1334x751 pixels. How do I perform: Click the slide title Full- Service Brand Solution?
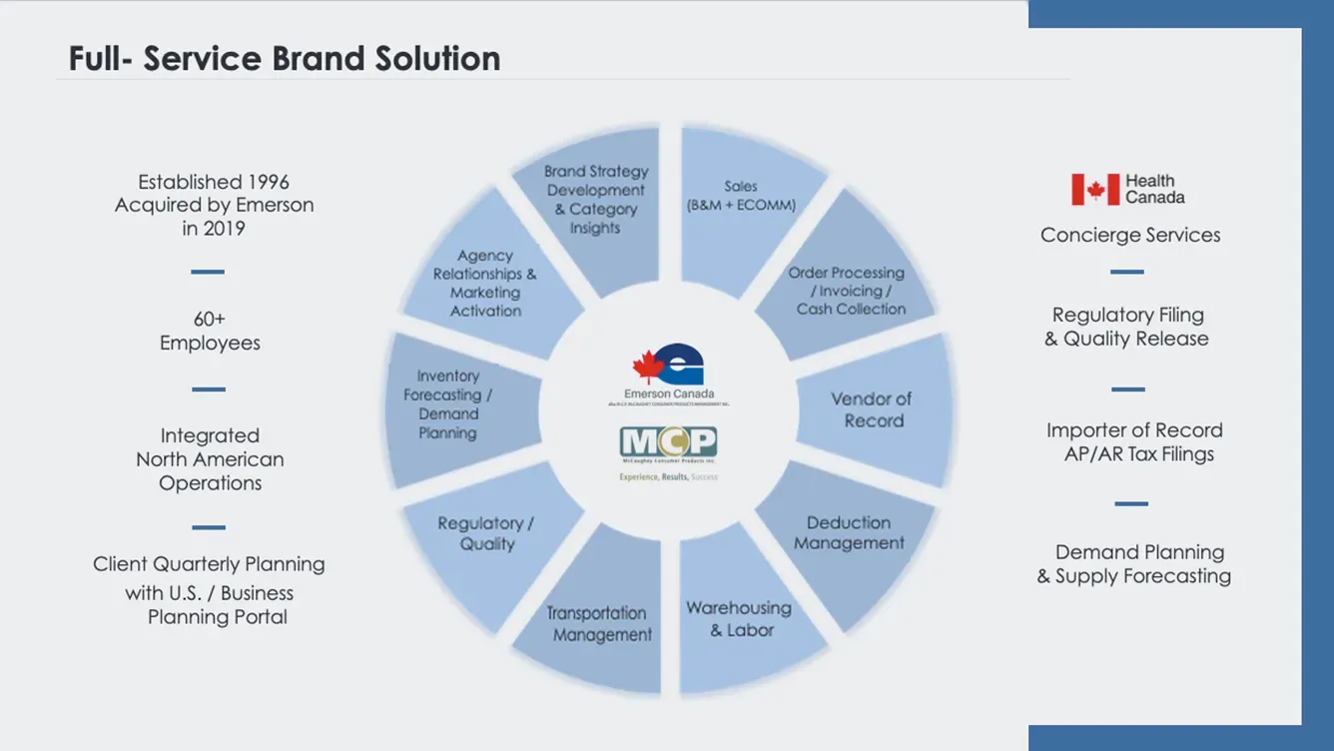[x=285, y=59]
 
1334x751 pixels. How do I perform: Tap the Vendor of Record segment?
[x=872, y=409]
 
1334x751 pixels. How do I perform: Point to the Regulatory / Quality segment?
[x=487, y=534]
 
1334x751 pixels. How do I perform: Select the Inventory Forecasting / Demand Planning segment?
[x=449, y=404]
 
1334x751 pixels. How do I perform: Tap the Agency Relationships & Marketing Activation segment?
[x=485, y=284]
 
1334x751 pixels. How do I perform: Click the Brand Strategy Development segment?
[x=596, y=200]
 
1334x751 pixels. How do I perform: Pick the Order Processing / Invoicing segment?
[x=849, y=291]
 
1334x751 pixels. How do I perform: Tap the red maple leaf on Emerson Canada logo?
[x=648, y=367]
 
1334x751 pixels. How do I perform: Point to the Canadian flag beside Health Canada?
[x=1095, y=190]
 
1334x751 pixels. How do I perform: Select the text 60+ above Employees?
[x=210, y=320]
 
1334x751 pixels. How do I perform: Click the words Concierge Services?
[x=1130, y=236]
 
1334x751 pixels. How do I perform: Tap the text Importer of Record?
[x=1134, y=430]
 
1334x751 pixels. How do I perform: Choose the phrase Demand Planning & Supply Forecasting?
[x=1134, y=564]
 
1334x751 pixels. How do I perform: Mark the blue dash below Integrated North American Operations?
[x=209, y=527]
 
